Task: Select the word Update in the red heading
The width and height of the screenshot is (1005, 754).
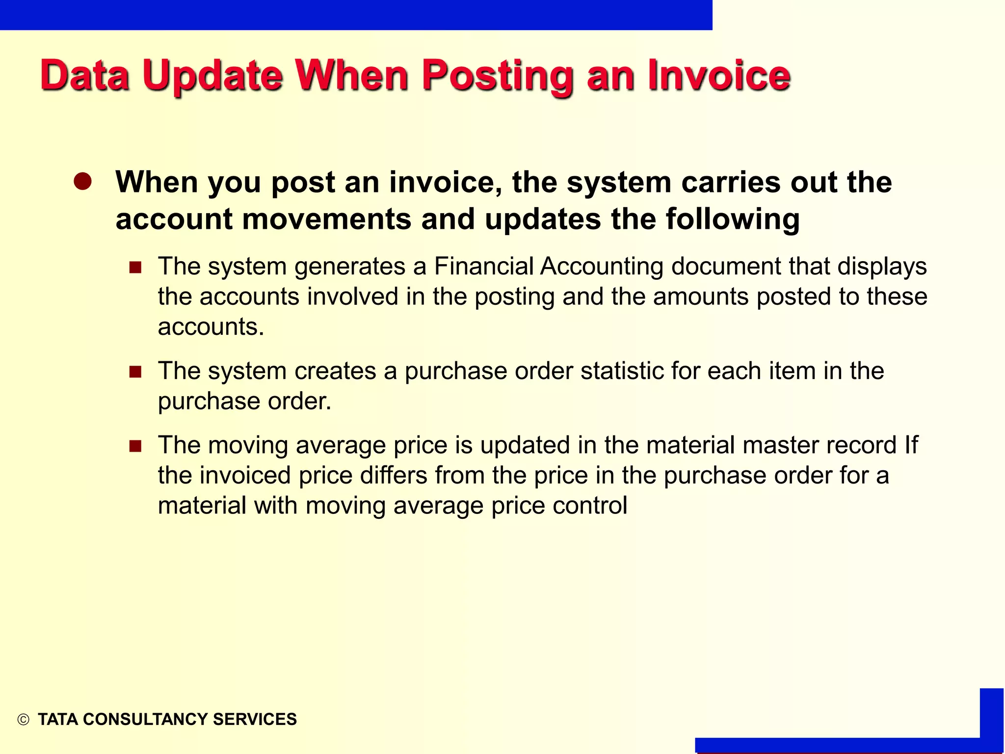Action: pyautogui.click(x=212, y=77)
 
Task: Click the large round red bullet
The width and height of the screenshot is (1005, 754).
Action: pyautogui.click(x=83, y=182)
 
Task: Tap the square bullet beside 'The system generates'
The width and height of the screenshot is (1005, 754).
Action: pyautogui.click(x=135, y=268)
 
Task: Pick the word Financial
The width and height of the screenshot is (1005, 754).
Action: pyautogui.click(x=483, y=267)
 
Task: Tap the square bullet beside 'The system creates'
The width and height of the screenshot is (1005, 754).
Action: pyautogui.click(x=135, y=372)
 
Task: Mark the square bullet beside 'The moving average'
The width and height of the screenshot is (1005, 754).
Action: pyautogui.click(x=135, y=446)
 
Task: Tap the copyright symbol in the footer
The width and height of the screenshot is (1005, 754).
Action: pyautogui.click(x=23, y=720)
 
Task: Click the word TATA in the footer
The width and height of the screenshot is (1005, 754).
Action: pyautogui.click(x=58, y=719)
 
